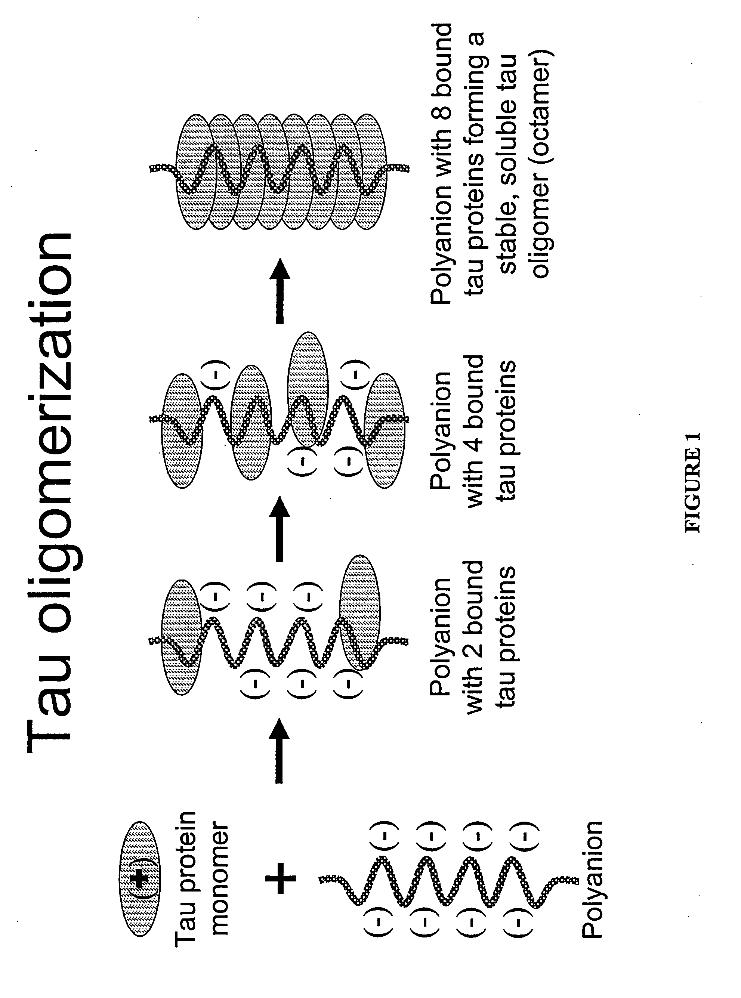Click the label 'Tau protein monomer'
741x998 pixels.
coord(202,879)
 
